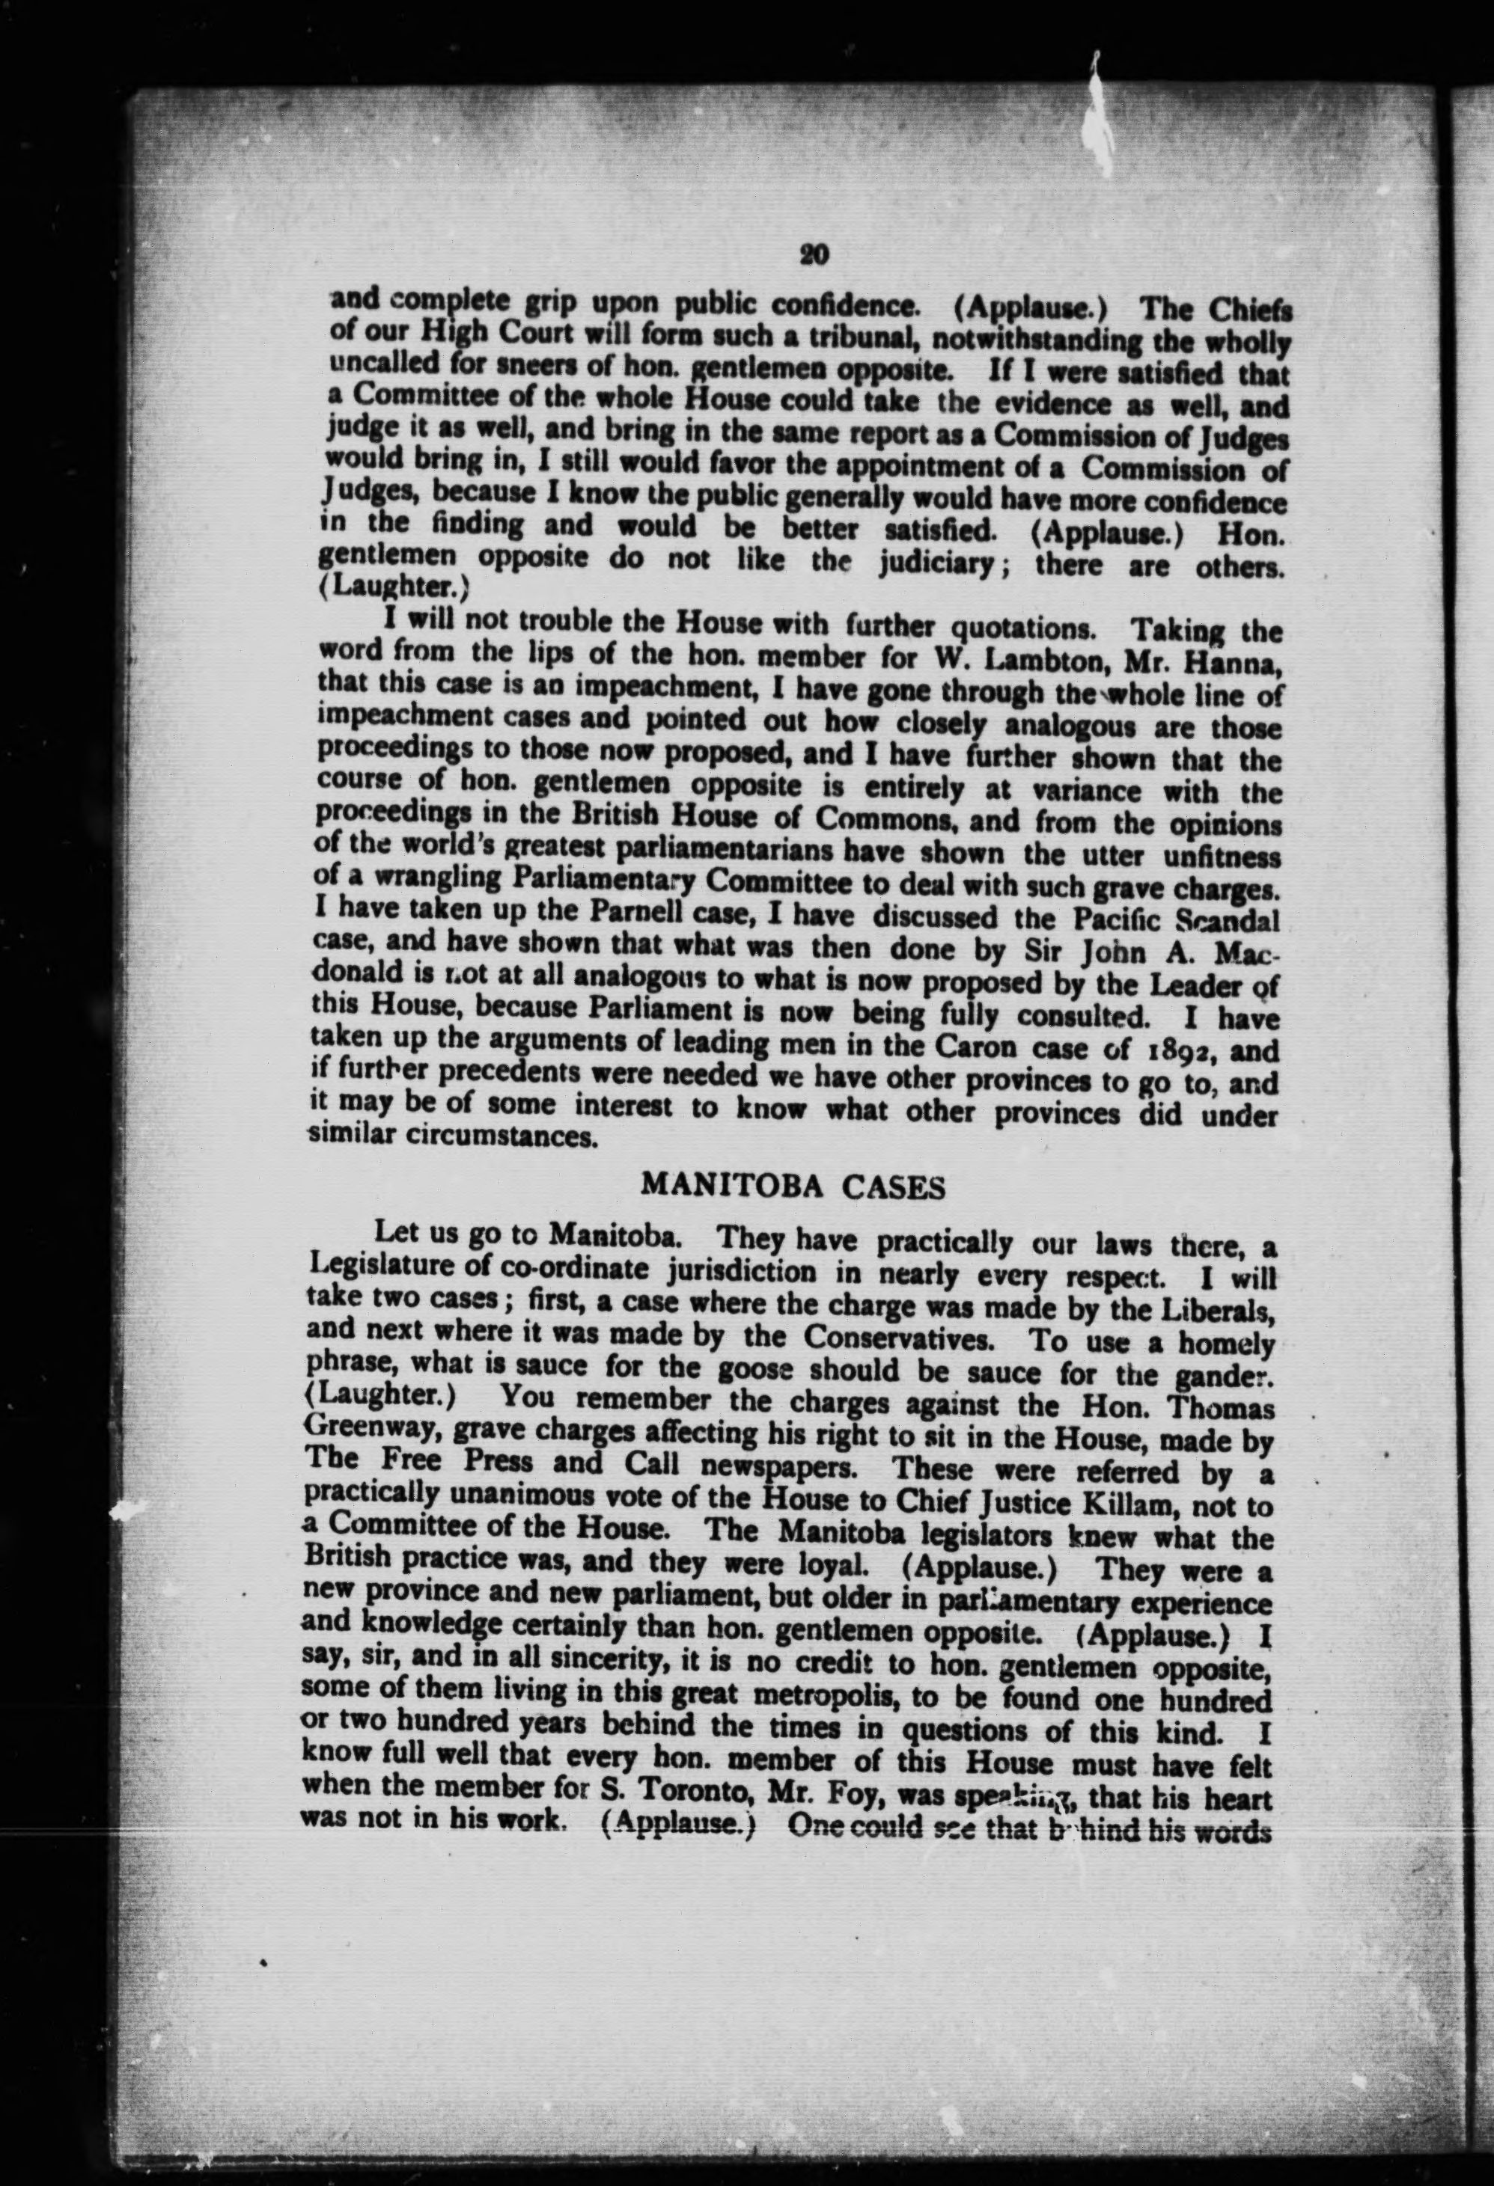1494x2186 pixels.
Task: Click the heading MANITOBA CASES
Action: (x=792, y=1186)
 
